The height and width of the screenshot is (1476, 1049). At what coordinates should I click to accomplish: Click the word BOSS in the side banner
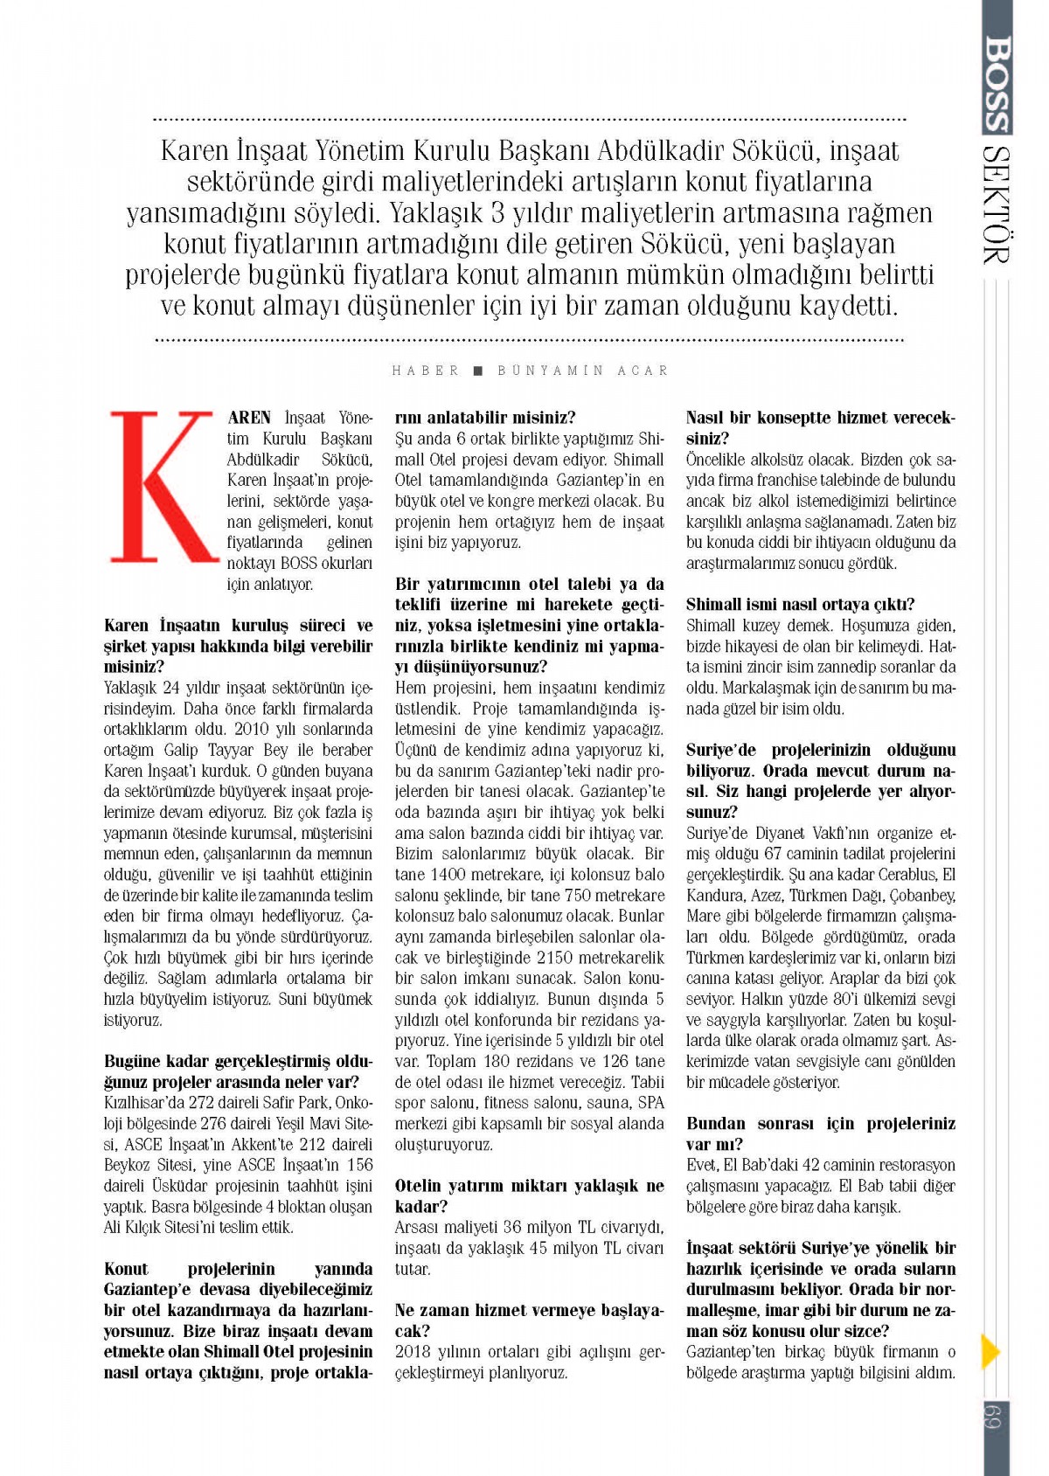(996, 83)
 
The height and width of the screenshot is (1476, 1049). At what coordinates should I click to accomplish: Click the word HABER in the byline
(426, 371)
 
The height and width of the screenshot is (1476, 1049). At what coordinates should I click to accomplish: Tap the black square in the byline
(478, 371)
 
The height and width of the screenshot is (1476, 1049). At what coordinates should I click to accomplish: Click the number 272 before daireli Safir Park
(205, 1103)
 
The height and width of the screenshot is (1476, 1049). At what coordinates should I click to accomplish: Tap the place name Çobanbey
(923, 896)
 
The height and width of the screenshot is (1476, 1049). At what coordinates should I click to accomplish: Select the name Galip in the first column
(182, 751)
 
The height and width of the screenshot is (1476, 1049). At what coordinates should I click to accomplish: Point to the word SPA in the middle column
(651, 1103)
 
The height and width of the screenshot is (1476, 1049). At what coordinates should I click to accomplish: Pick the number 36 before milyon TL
(513, 1228)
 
